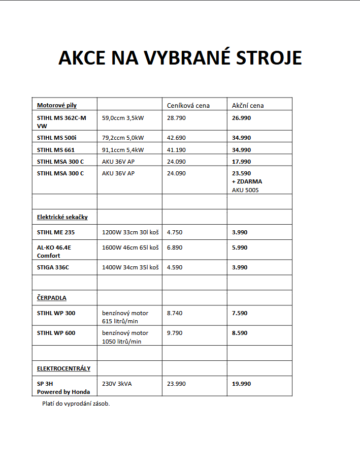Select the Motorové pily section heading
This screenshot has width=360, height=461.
57,105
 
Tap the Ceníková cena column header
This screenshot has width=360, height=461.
188,106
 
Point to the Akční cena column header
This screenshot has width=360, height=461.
248,106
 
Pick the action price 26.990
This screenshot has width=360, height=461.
241,118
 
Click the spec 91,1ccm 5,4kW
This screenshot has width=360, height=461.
123,150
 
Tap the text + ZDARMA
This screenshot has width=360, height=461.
247,181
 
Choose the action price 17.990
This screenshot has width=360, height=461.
241,162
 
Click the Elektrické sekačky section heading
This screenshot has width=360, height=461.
62,217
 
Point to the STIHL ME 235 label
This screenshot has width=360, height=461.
56,233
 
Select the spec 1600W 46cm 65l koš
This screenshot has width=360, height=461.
130,248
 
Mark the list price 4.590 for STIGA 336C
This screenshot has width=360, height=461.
175,267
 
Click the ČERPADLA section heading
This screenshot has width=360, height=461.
52,298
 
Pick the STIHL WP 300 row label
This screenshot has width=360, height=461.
56,313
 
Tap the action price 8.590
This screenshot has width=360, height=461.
240,333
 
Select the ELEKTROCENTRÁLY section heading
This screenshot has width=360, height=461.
63,368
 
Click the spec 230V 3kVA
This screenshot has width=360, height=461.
117,384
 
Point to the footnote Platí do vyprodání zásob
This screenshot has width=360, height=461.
76,404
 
